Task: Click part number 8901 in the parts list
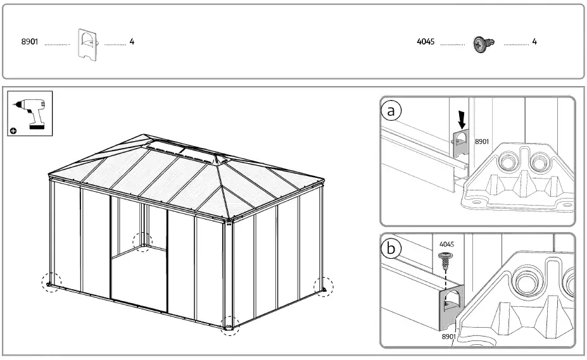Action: tap(30, 42)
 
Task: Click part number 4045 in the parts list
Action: tap(426, 42)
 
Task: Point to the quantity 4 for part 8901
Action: tap(132, 42)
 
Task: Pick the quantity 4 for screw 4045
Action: tap(534, 42)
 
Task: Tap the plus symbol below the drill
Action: tap(14, 131)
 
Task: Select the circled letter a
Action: tap(392, 111)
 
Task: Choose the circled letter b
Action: tap(392, 249)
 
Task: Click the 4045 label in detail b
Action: tap(446, 244)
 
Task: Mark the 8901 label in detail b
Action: tap(448, 337)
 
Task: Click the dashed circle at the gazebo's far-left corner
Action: tap(51, 283)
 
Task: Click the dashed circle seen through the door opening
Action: tap(142, 241)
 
